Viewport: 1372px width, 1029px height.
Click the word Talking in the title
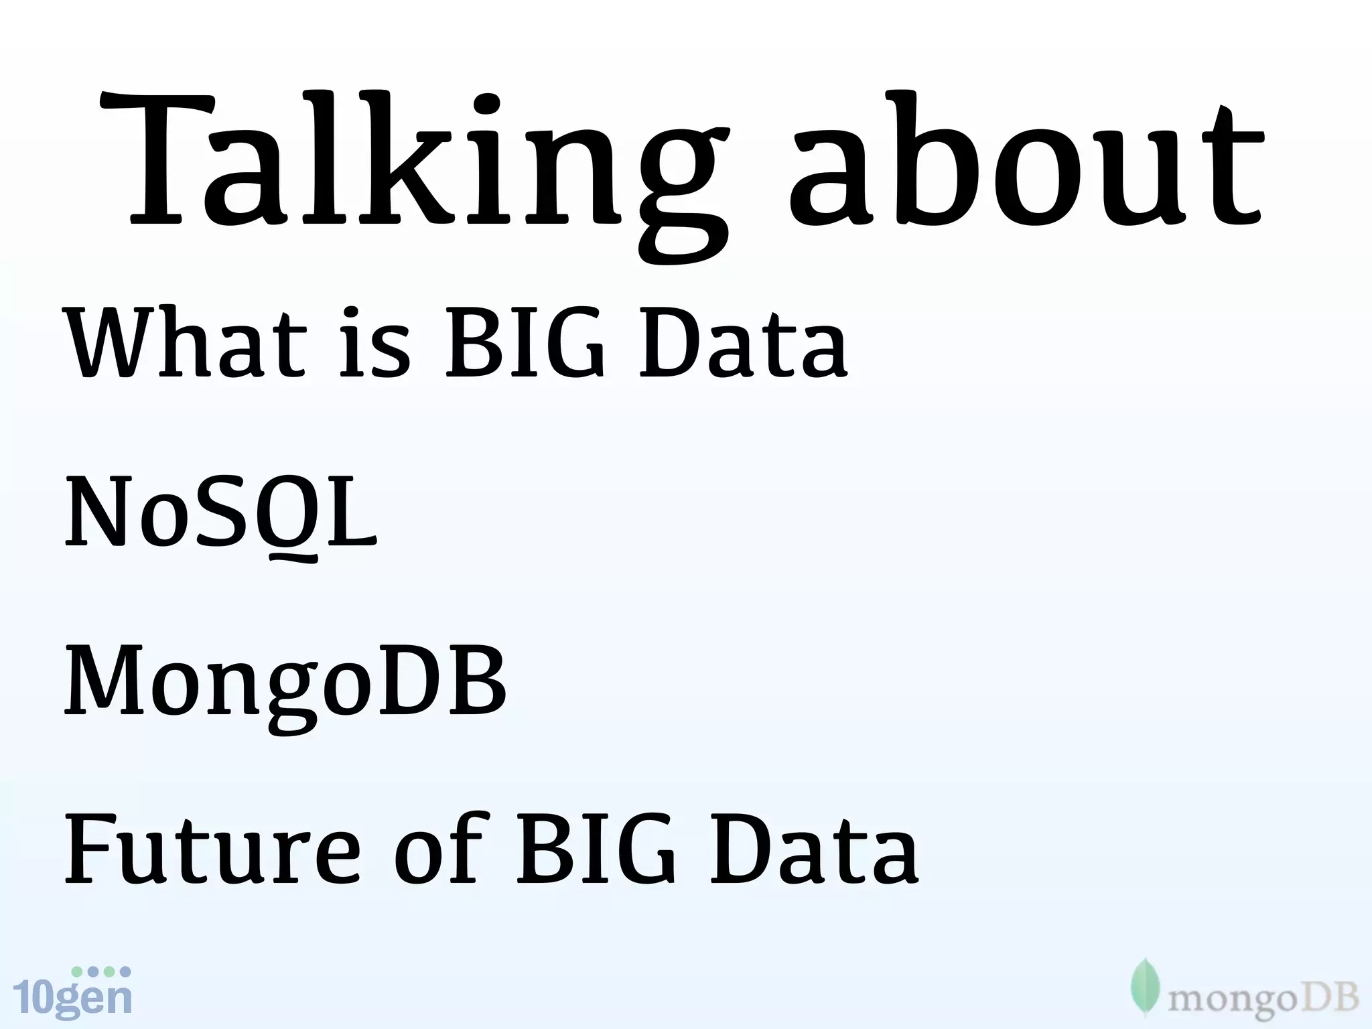pos(412,167)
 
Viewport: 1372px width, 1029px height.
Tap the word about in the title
pos(1025,167)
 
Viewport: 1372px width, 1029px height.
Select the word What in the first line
pos(184,343)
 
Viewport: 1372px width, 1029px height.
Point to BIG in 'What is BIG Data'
pos(526,343)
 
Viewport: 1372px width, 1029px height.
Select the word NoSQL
pos(221,512)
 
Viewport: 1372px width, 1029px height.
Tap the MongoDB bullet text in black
pos(285,683)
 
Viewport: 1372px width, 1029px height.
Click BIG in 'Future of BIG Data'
pos(596,849)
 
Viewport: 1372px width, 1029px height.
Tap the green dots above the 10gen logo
pos(101,971)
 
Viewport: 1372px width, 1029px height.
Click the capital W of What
pos(111,343)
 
